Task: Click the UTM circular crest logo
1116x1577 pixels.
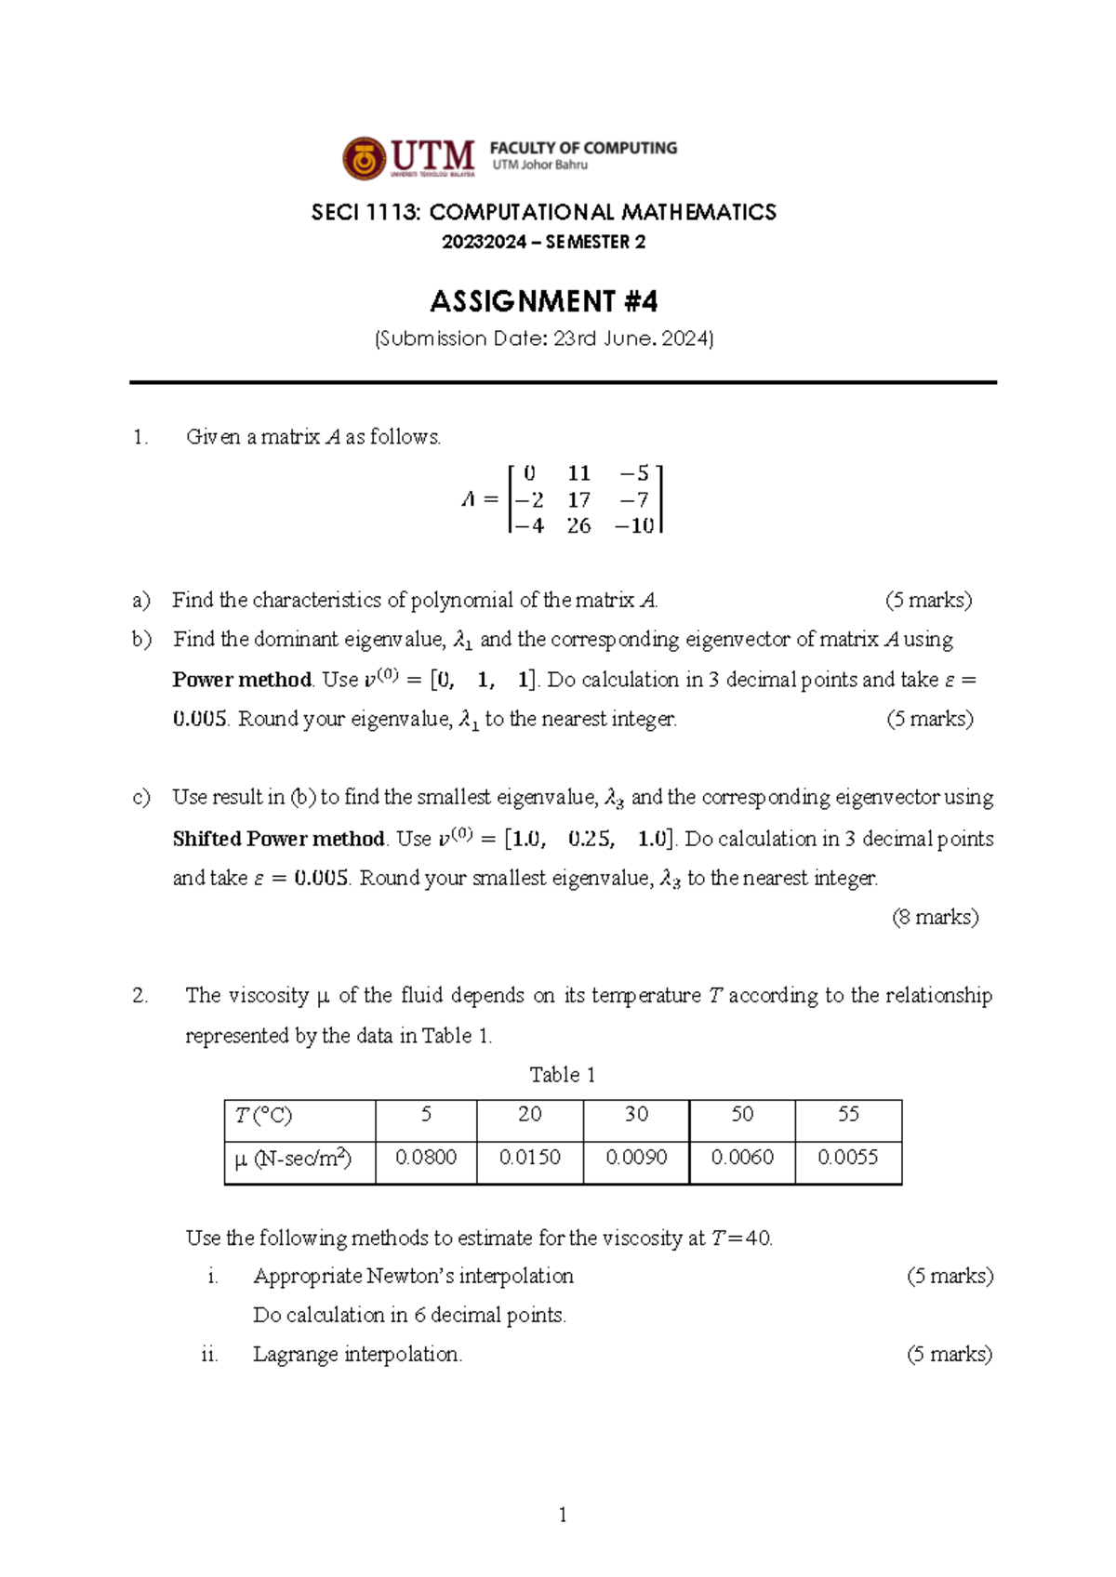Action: (364, 159)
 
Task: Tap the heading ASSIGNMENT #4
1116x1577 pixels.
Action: (544, 301)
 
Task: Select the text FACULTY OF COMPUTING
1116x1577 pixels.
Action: (583, 148)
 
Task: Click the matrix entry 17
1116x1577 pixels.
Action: (578, 500)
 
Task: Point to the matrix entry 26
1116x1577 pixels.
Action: (578, 526)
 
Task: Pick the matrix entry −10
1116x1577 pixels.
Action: (634, 526)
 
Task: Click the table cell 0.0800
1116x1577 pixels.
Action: (426, 1158)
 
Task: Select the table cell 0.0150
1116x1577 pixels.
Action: (530, 1158)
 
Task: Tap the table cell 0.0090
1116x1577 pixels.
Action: (636, 1158)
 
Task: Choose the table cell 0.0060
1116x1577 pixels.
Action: (742, 1158)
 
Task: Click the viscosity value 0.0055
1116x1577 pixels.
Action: (848, 1158)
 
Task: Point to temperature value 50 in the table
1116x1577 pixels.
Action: (742, 1114)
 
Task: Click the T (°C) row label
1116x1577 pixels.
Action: (263, 1115)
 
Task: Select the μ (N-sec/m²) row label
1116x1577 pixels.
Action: (293, 1159)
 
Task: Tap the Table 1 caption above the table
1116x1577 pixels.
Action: (562, 1075)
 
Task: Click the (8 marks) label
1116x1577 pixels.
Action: (935, 918)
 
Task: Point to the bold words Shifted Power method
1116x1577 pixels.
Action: (278, 839)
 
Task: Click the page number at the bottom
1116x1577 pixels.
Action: (563, 1515)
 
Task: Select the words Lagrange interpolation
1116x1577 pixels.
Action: (357, 1354)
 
